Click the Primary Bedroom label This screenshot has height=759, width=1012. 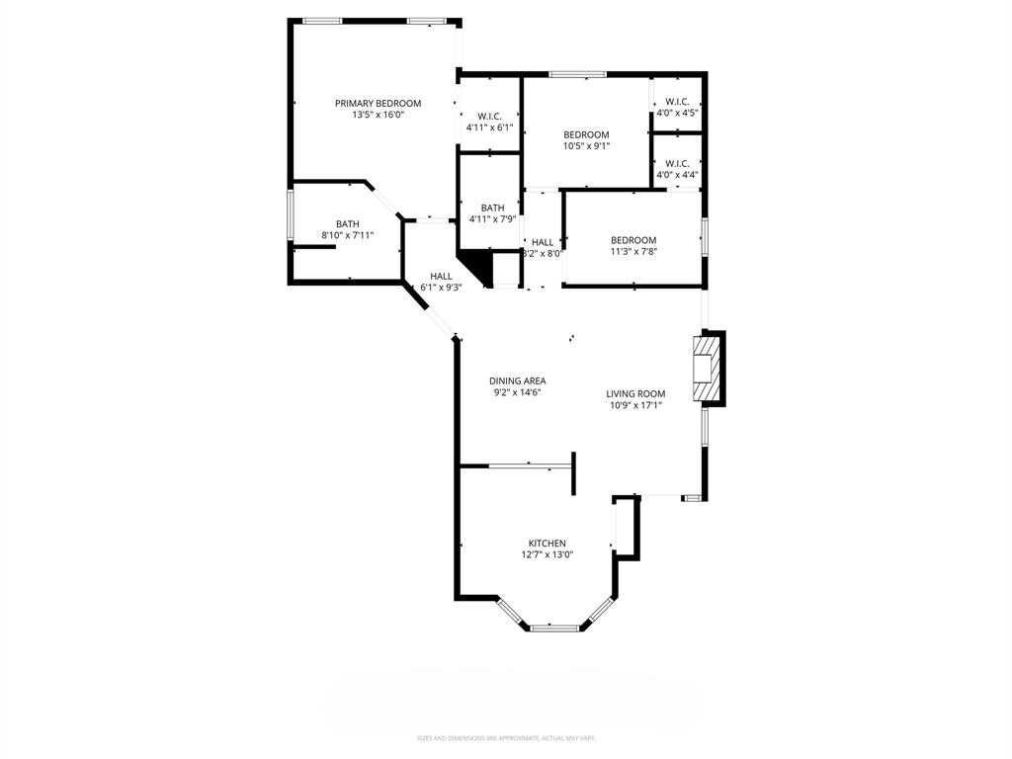(378, 103)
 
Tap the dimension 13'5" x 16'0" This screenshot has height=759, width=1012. (378, 115)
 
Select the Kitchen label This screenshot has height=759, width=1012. (547, 543)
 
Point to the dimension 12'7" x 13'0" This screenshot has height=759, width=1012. (547, 554)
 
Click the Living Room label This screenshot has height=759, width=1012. (635, 393)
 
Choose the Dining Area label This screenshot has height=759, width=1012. (517, 380)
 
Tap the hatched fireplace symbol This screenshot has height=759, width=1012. (705, 371)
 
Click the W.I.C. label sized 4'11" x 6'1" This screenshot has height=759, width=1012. (490, 116)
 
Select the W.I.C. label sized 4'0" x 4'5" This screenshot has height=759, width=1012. (677, 101)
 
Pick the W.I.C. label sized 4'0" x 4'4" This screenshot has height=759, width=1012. (677, 163)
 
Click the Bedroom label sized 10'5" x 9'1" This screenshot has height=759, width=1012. (586, 134)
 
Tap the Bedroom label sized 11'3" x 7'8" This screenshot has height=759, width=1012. (632, 240)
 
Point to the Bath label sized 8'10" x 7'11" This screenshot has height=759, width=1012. (347, 223)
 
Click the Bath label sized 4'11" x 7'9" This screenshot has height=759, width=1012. (492, 208)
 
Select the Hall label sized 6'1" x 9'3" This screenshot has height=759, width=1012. (441, 276)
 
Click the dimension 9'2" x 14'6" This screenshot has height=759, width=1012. (517, 392)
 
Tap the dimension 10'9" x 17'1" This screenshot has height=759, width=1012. (635, 404)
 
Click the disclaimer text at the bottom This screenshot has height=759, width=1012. (505, 738)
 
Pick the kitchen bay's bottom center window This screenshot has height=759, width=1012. (554, 627)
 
